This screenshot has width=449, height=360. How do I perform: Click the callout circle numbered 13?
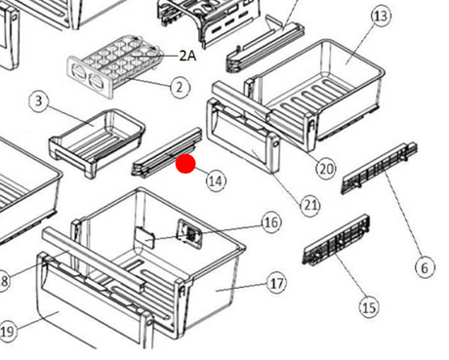[x=381, y=16]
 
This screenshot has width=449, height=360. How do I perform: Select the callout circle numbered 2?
[x=180, y=87]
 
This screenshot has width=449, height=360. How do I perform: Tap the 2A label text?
[x=188, y=56]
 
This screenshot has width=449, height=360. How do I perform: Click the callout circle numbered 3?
[x=39, y=101]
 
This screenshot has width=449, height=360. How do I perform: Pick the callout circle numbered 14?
[x=216, y=180]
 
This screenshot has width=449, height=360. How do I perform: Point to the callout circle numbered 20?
[x=326, y=169]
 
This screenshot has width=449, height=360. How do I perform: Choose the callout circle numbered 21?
[x=310, y=206]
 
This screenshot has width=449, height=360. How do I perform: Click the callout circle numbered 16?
[x=271, y=222]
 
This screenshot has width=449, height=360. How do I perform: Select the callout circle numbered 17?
[x=276, y=284]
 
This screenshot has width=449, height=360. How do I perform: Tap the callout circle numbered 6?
[x=425, y=268]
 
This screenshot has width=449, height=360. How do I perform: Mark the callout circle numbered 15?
[x=369, y=307]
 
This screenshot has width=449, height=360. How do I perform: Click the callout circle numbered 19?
[x=7, y=332]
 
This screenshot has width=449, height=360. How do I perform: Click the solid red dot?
[x=185, y=164]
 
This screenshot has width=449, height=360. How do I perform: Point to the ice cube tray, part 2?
[x=115, y=65]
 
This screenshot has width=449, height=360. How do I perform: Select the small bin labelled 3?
[x=97, y=143]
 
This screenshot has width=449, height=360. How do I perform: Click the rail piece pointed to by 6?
[x=380, y=168]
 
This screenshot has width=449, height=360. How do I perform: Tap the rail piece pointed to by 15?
[x=337, y=240]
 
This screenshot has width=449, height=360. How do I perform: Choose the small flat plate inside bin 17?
[x=144, y=237]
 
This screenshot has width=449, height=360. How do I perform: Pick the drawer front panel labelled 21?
[x=243, y=136]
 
